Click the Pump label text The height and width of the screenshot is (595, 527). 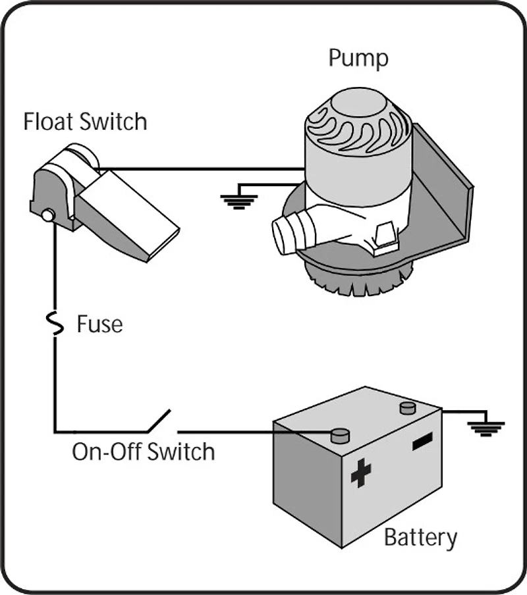[358, 59]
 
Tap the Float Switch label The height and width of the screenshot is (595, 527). [85, 122]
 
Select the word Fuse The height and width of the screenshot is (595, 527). [99, 324]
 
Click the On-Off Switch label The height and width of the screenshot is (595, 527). [143, 452]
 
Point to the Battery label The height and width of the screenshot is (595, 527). [420, 537]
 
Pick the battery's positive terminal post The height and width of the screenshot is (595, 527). [339, 434]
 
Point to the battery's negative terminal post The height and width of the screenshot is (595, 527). [408, 407]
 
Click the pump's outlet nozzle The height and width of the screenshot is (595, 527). [290, 234]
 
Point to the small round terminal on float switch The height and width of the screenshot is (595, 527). [47, 215]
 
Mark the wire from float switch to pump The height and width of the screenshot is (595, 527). [198, 169]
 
